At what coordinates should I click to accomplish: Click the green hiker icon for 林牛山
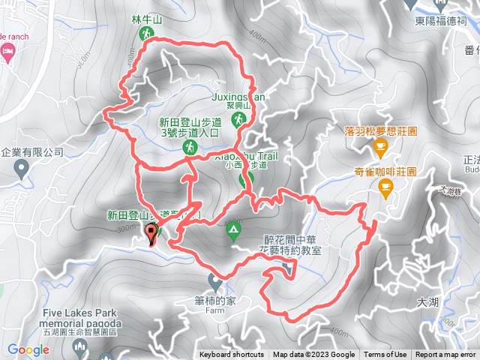pyautogui.click(x=146, y=33)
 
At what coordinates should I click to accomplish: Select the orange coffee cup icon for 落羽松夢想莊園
pyautogui.click(x=379, y=153)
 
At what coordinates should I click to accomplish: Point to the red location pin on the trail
pyautogui.click(x=152, y=235)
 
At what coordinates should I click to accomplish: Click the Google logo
pyautogui.click(x=28, y=349)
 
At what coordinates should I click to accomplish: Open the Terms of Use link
pyautogui.click(x=385, y=355)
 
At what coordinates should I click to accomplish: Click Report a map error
pyautogui.click(x=447, y=355)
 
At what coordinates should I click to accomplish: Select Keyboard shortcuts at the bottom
pyautogui.click(x=231, y=355)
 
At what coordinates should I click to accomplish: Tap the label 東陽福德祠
pyautogui.click(x=445, y=22)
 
